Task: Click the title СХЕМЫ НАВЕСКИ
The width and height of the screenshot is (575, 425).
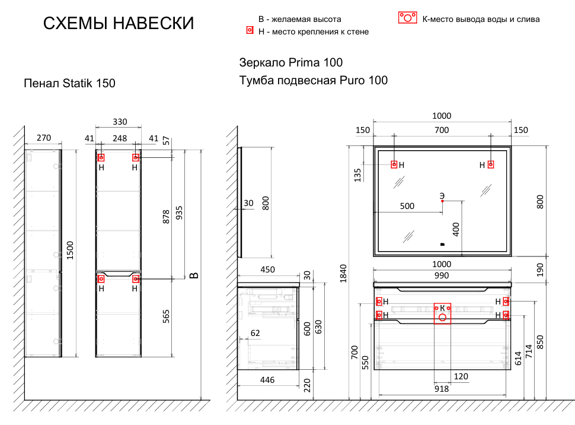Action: (x=119, y=24)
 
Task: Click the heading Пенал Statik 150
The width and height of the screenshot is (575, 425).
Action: (x=69, y=84)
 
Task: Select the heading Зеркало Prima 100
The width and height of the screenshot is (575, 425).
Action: (x=290, y=62)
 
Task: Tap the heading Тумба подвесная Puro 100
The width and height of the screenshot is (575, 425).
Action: (x=313, y=80)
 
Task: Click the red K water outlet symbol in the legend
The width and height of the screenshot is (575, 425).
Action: (x=408, y=17)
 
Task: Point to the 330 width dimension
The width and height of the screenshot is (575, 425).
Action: (x=119, y=122)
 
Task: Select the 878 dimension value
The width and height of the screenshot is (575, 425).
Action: (x=166, y=215)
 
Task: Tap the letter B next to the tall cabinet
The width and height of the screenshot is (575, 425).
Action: (x=193, y=275)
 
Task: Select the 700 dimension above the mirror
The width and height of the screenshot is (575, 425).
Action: (x=442, y=130)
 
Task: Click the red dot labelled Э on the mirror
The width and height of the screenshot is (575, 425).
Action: (x=442, y=201)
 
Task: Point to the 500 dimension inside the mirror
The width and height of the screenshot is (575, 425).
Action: (x=407, y=207)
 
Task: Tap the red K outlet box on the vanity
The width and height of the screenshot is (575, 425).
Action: (x=442, y=313)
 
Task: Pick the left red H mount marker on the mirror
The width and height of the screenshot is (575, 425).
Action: (x=394, y=164)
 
